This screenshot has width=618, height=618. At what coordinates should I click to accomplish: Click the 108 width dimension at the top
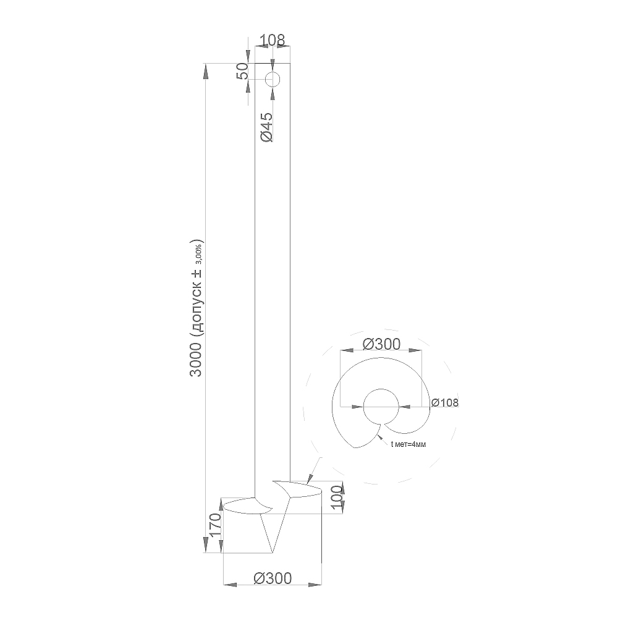tap(273, 40)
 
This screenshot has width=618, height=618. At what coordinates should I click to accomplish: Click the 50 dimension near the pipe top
tap(243, 71)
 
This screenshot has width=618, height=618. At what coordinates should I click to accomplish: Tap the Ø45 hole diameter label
tap(266, 127)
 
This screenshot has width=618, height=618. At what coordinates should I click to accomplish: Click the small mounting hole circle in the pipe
tap(273, 80)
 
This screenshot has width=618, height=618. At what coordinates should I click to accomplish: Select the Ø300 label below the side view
tap(273, 578)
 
